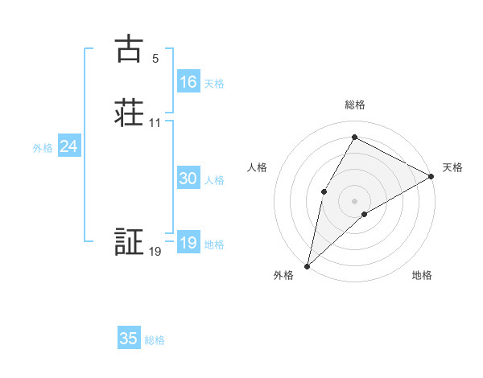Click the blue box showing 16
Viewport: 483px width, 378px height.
(x=188, y=82)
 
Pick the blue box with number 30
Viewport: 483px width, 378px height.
(x=188, y=179)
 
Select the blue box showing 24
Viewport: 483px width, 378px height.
(x=69, y=146)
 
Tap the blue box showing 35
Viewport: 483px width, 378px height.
(x=129, y=339)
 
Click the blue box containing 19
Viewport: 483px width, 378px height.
(x=188, y=244)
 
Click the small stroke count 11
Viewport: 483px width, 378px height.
(x=155, y=123)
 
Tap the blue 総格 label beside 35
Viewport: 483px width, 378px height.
(x=155, y=340)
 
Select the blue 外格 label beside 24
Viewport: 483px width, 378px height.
(x=43, y=148)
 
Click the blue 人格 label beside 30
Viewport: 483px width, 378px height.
(x=215, y=180)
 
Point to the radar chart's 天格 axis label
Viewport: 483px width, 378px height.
(x=452, y=167)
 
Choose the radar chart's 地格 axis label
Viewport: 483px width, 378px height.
(x=422, y=276)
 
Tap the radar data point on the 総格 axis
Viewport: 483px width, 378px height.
(x=354, y=138)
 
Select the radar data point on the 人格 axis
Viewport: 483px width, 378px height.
(x=324, y=191)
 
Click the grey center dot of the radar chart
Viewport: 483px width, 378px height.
(x=354, y=200)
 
